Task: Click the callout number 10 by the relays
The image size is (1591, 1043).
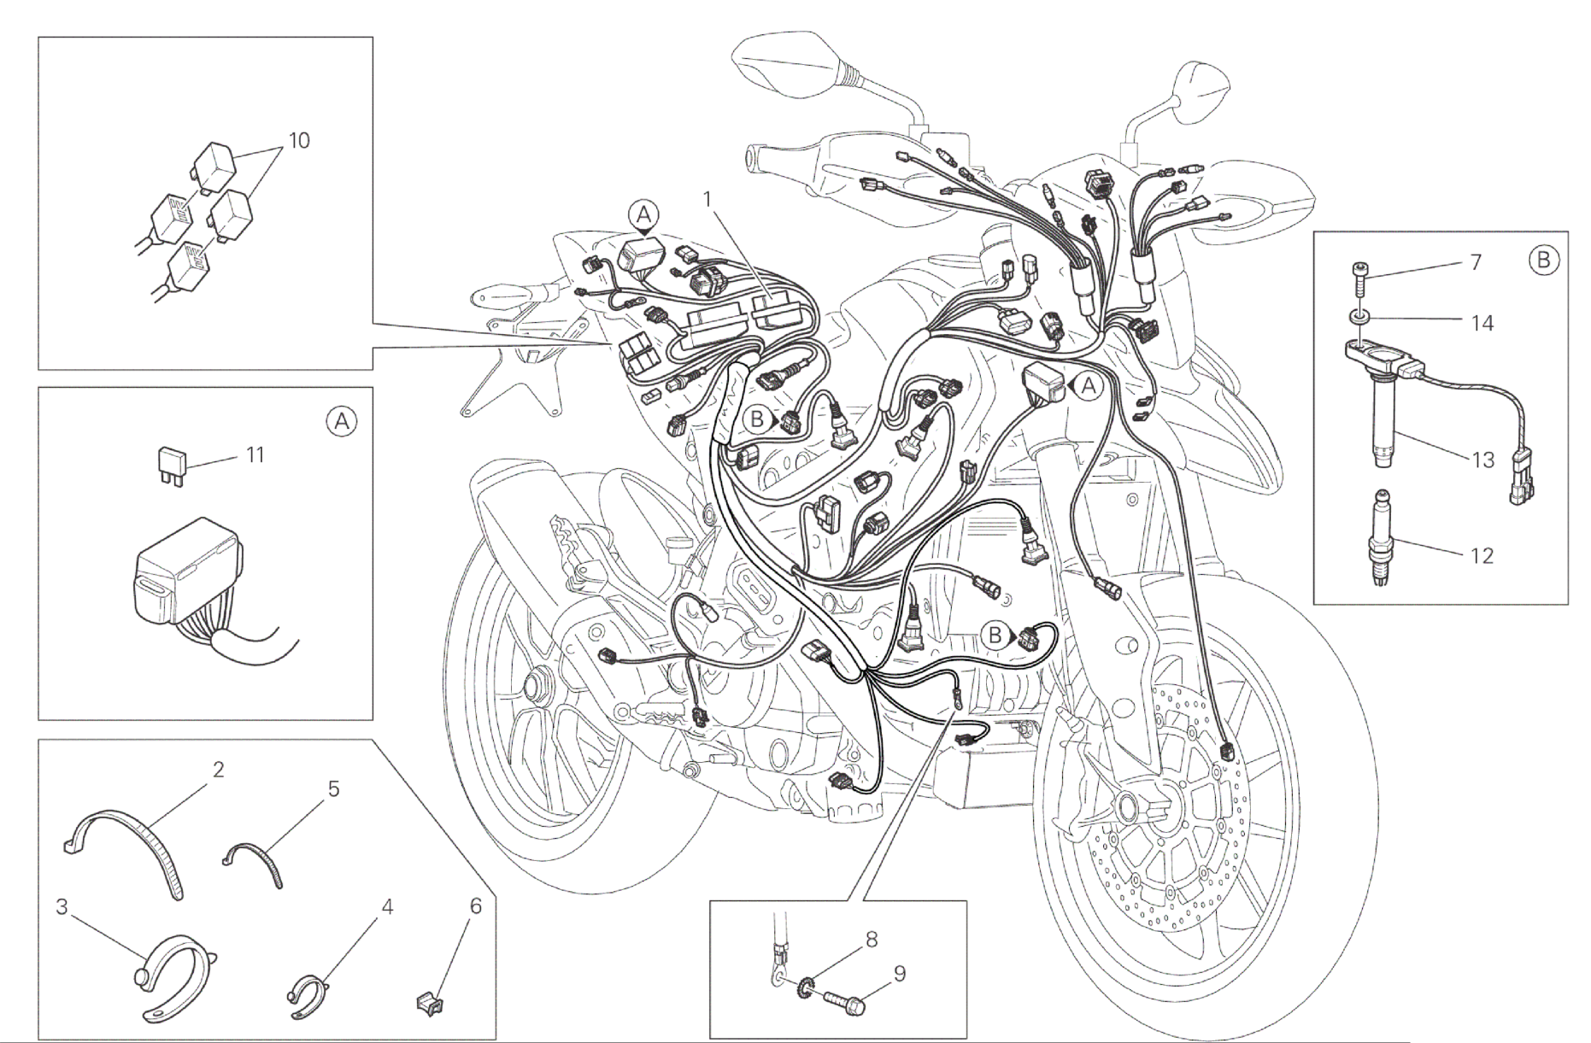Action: (299, 140)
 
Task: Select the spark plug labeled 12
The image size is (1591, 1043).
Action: (1384, 537)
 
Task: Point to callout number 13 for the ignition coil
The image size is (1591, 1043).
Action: (1482, 460)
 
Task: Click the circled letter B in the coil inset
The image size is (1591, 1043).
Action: (1543, 259)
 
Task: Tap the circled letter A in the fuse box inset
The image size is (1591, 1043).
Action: (342, 420)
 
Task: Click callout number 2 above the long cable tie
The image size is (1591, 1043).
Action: (218, 770)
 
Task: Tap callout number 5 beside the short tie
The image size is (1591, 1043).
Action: (333, 788)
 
